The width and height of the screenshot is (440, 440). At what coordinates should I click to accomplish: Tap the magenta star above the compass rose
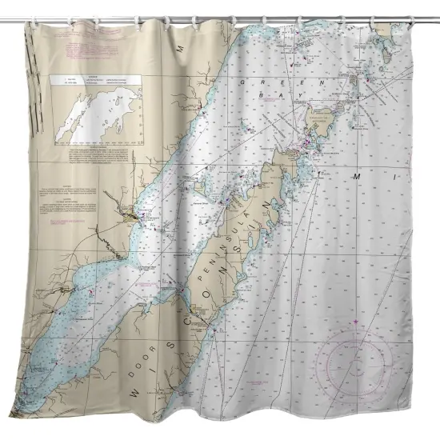pos(354,322)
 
